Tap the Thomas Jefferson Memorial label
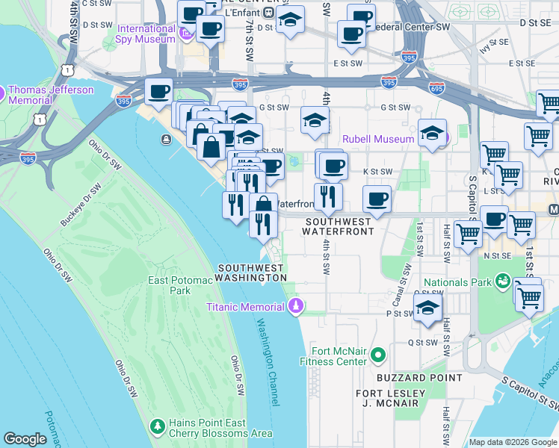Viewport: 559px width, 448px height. click(x=51, y=95)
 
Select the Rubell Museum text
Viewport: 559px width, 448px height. click(x=378, y=139)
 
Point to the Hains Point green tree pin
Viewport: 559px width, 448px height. click(x=157, y=426)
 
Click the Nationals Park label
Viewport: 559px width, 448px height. click(x=458, y=282)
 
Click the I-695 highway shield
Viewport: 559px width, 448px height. click(x=436, y=88)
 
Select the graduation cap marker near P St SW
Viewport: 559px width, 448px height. click(x=427, y=308)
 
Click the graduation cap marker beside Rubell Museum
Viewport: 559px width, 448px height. click(x=432, y=133)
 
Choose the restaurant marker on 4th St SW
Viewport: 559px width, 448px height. click(x=328, y=196)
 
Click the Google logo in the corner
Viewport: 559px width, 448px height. click(x=25, y=439)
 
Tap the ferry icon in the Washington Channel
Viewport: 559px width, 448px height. click(x=165, y=140)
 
